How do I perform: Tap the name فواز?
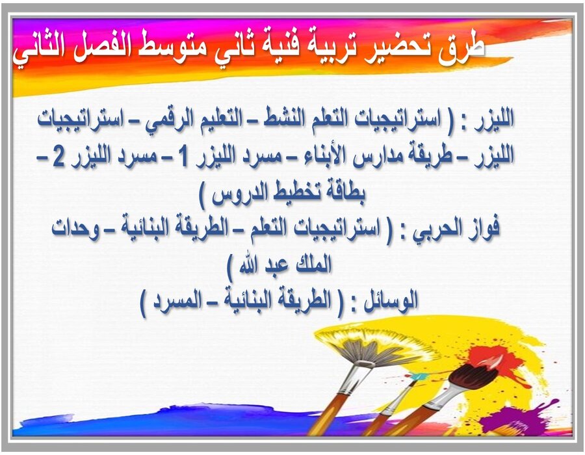(499, 229)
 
